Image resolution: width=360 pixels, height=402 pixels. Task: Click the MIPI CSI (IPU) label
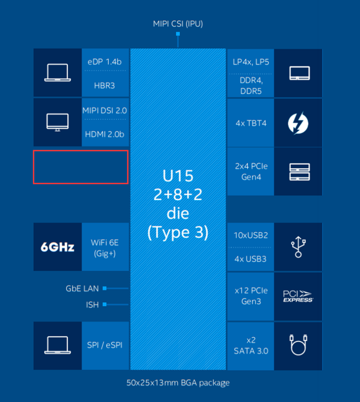coord(177,23)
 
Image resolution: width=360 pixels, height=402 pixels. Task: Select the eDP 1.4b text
coord(104,62)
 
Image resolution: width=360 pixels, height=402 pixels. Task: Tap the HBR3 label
coord(104,85)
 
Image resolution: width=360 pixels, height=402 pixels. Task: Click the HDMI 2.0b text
coord(104,134)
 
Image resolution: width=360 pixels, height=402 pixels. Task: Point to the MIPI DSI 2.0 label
coord(104,110)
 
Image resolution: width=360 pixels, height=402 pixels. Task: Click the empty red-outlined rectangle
coord(81,167)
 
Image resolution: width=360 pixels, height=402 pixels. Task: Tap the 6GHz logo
coord(57,247)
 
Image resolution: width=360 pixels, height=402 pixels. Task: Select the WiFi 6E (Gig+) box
coord(104,247)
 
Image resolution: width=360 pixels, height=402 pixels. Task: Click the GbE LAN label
coord(82,289)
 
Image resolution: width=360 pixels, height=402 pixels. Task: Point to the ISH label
coord(92,304)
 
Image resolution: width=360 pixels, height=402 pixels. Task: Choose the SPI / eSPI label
coord(104,345)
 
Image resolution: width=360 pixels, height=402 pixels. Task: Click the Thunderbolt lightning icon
coord(298,123)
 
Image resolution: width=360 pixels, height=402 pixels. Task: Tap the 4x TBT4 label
coord(250,123)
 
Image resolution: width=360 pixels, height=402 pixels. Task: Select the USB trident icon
coord(298,247)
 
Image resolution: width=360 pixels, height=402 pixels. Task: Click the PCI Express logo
coord(298,296)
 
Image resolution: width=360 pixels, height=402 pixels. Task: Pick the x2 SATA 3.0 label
coord(251,345)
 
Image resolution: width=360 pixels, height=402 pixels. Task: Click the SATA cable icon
coord(298,345)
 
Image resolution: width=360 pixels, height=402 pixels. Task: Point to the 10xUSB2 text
coord(250,235)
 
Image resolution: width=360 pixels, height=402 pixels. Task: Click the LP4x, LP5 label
coord(251,62)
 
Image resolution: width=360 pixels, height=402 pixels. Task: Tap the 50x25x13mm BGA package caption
coord(177,383)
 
